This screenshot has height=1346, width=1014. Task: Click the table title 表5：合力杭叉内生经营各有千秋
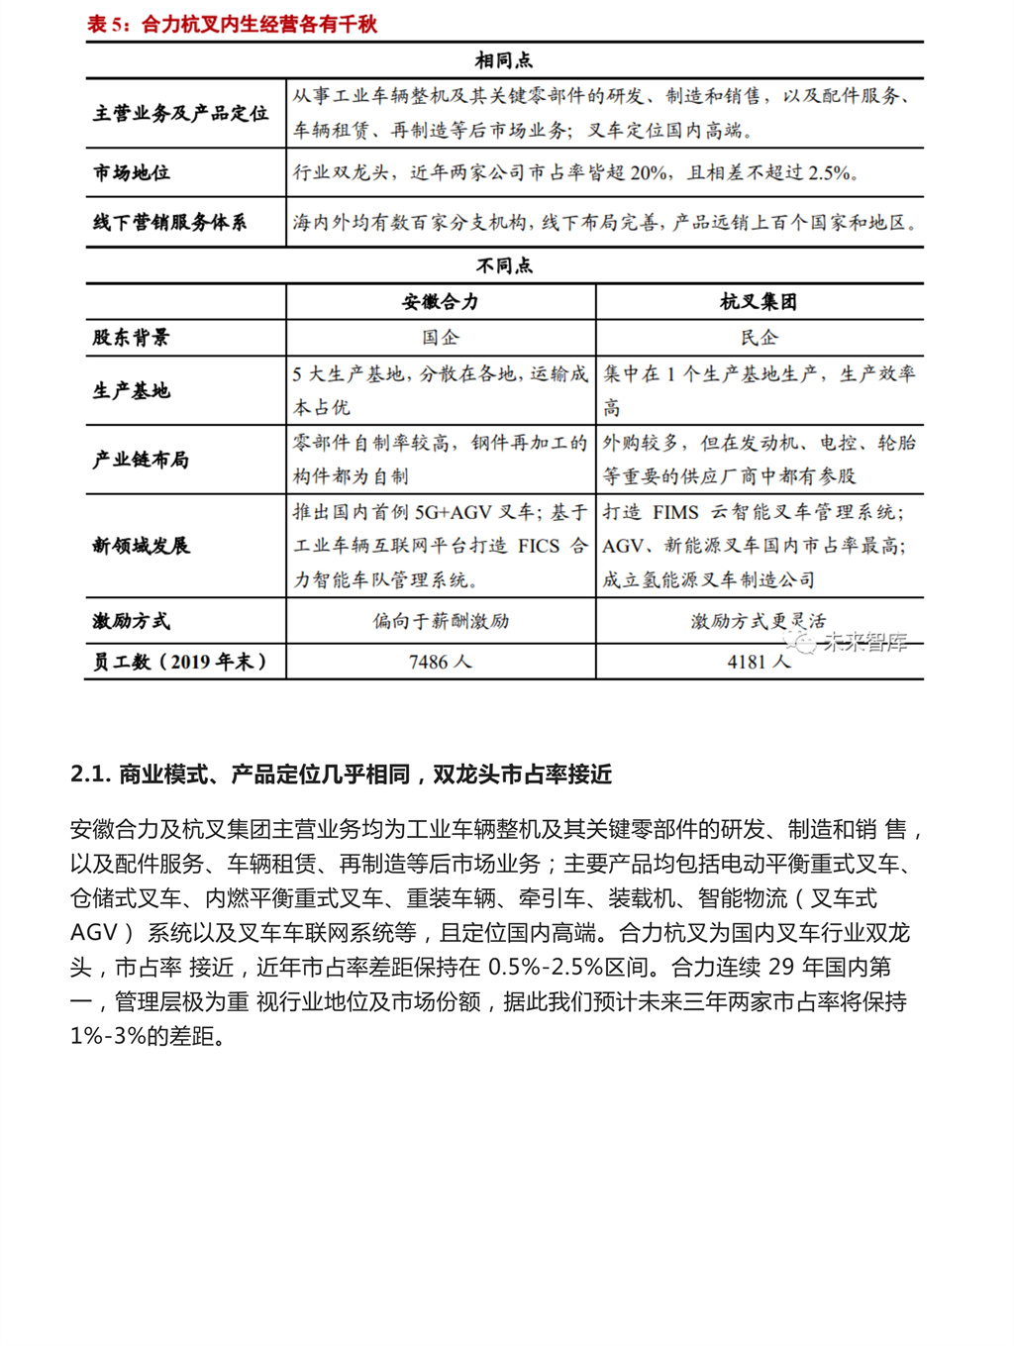pyautogui.click(x=232, y=24)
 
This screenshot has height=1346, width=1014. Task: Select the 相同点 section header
pyautogui.click(x=504, y=60)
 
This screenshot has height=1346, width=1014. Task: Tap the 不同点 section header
pyautogui.click(x=504, y=265)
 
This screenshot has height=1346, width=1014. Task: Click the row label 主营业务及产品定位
pyautogui.click(x=180, y=113)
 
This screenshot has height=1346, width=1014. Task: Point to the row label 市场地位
pyautogui.click(x=132, y=172)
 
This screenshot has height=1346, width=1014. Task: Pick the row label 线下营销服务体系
pyautogui.click(x=169, y=222)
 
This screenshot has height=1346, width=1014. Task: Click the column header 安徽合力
pyautogui.click(x=440, y=302)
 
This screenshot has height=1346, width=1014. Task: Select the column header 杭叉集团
pyautogui.click(x=759, y=302)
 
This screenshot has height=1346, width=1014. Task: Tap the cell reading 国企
pyautogui.click(x=440, y=338)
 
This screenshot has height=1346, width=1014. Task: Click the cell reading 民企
pyautogui.click(x=759, y=338)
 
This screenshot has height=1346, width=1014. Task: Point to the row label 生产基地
pyautogui.click(x=132, y=390)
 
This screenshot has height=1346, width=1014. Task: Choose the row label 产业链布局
pyautogui.click(x=141, y=460)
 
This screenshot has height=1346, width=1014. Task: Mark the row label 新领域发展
pyautogui.click(x=141, y=546)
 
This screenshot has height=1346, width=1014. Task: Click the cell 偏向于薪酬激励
pyautogui.click(x=440, y=621)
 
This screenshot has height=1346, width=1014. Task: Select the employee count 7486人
pyautogui.click(x=440, y=662)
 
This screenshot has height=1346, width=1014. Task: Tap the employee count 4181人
pyautogui.click(x=759, y=662)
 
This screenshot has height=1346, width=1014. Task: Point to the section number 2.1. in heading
pyautogui.click(x=90, y=775)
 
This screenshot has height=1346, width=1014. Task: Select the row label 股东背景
pyautogui.click(x=132, y=338)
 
